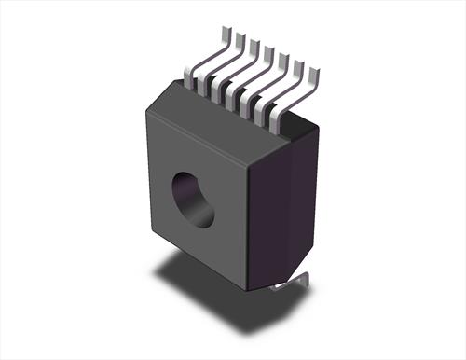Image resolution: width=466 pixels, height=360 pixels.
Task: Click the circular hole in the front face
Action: [194, 198]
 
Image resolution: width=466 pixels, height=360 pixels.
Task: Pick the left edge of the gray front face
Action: [146, 168]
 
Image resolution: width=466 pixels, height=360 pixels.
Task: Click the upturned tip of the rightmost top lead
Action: [314, 72]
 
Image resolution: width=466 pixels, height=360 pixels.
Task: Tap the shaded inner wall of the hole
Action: [184, 191]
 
